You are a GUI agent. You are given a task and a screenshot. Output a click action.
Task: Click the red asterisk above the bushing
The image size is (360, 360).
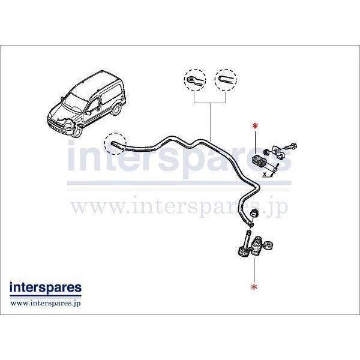[255, 126]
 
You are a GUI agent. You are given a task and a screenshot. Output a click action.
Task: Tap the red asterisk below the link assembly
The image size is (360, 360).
[254, 287]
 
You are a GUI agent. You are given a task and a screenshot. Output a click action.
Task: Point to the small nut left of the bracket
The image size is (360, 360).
[266, 152]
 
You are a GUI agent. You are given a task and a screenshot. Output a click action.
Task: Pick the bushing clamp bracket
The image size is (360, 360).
[278, 152]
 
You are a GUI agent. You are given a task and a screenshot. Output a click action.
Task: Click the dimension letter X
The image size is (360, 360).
[265, 174]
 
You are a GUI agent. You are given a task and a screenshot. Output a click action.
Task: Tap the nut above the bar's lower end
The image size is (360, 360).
[254, 212]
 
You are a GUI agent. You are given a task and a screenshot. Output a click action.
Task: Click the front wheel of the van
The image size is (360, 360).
[78, 131]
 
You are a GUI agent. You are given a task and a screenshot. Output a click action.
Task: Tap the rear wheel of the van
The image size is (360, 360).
[118, 110]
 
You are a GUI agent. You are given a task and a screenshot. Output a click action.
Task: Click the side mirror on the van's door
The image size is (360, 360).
[88, 113]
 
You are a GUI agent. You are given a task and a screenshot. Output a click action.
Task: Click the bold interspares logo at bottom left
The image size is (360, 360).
[46, 288]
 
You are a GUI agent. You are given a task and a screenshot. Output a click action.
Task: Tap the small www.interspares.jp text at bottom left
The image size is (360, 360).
[46, 303]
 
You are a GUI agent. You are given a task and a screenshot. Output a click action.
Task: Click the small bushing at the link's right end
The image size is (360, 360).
[268, 245]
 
